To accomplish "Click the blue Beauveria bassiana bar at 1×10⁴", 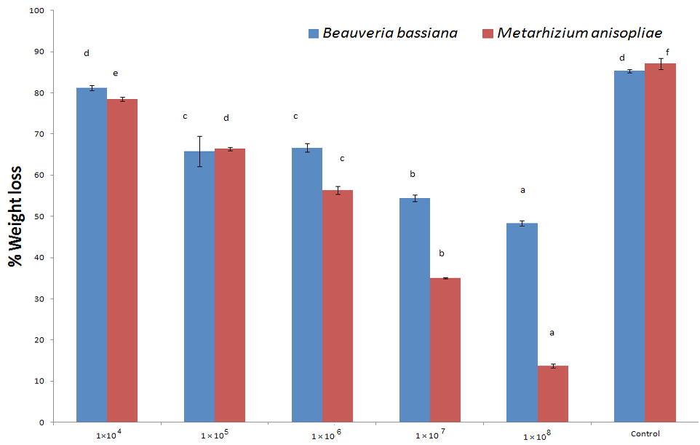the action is click(92, 255).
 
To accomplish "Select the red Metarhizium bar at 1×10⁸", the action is click(553, 394).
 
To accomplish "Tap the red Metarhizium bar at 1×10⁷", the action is click(445, 350).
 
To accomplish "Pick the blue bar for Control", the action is click(629, 246).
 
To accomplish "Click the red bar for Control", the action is click(660, 243).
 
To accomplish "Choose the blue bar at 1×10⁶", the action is click(307, 285).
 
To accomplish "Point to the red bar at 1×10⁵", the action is click(230, 285).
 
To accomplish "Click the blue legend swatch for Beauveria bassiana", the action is click(314, 34).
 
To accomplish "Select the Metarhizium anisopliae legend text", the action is click(579, 33).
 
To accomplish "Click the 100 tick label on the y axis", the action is click(36, 10).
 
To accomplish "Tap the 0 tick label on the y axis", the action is click(41, 422).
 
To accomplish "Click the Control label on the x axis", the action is click(645, 433).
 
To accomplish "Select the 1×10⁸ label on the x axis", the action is click(537, 436).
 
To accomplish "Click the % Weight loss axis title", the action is click(15, 216).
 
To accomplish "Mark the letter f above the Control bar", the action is click(667, 52).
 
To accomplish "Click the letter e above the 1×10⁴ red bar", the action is click(116, 74).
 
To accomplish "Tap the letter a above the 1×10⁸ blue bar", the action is click(522, 190).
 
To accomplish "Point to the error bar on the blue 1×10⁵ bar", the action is click(199, 151).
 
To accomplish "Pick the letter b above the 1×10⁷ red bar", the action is click(442, 253).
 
